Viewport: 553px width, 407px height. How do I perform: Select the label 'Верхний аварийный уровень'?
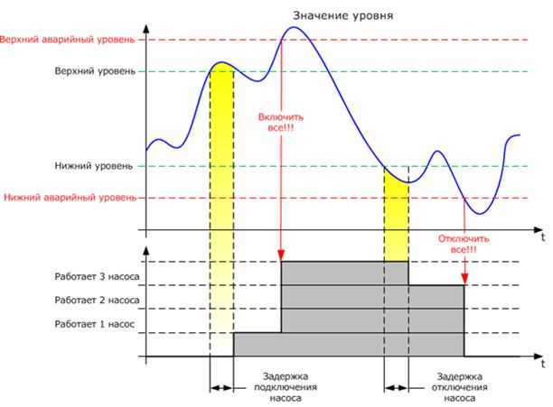pos(68,41)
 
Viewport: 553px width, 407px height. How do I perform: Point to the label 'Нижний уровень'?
pos(101,166)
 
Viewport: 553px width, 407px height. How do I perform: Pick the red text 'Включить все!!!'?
pos(281,124)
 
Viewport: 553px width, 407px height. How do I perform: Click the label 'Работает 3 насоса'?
pos(92,263)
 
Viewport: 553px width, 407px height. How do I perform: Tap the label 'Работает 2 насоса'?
pos(92,286)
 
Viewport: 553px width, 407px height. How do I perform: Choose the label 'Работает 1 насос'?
pos(94,310)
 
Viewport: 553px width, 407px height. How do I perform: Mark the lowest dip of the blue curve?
pos(482,214)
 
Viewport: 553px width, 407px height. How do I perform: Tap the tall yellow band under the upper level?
pos(221,208)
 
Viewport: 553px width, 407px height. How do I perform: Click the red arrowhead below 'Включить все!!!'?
pos(282,254)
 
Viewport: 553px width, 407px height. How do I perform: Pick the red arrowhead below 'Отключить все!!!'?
pos(464,279)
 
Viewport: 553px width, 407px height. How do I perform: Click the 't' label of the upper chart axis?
pos(543,238)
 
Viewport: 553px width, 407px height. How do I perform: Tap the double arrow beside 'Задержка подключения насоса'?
pos(221,388)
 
